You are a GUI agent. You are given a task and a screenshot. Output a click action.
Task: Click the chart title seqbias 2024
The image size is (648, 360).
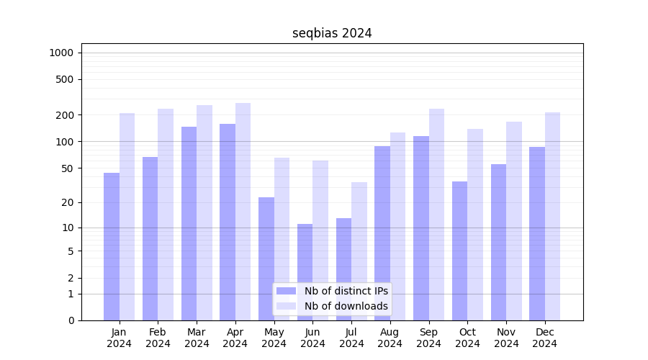coord(332,33)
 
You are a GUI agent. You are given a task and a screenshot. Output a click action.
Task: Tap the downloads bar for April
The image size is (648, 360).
coord(243,212)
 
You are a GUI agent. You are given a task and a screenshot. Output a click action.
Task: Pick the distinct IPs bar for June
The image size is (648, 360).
coord(305,272)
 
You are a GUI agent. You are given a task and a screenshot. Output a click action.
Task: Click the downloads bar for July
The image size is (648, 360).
coord(359,251)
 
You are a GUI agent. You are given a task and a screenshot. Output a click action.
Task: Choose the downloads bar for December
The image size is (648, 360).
coord(553,216)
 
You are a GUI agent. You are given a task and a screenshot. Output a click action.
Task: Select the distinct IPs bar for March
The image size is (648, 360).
coord(189,223)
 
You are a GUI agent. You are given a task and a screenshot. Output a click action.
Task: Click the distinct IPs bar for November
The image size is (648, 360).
coord(498,242)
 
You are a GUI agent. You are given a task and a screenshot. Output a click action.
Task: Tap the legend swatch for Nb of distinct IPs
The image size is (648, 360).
coord(286,291)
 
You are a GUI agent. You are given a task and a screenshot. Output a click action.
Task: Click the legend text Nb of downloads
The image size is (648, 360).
coord(346,306)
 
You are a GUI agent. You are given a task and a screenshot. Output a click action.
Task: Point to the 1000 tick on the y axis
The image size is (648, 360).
coord(61,53)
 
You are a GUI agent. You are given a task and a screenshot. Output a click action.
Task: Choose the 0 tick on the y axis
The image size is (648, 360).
coord(71,320)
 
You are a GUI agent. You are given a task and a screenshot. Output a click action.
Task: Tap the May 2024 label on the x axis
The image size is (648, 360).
coord(274,338)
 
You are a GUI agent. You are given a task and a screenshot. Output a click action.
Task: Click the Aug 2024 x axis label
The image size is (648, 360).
coord(390,338)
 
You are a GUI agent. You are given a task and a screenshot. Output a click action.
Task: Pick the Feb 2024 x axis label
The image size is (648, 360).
coord(158,338)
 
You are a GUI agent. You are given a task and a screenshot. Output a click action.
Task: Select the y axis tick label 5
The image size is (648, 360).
coord(71,251)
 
